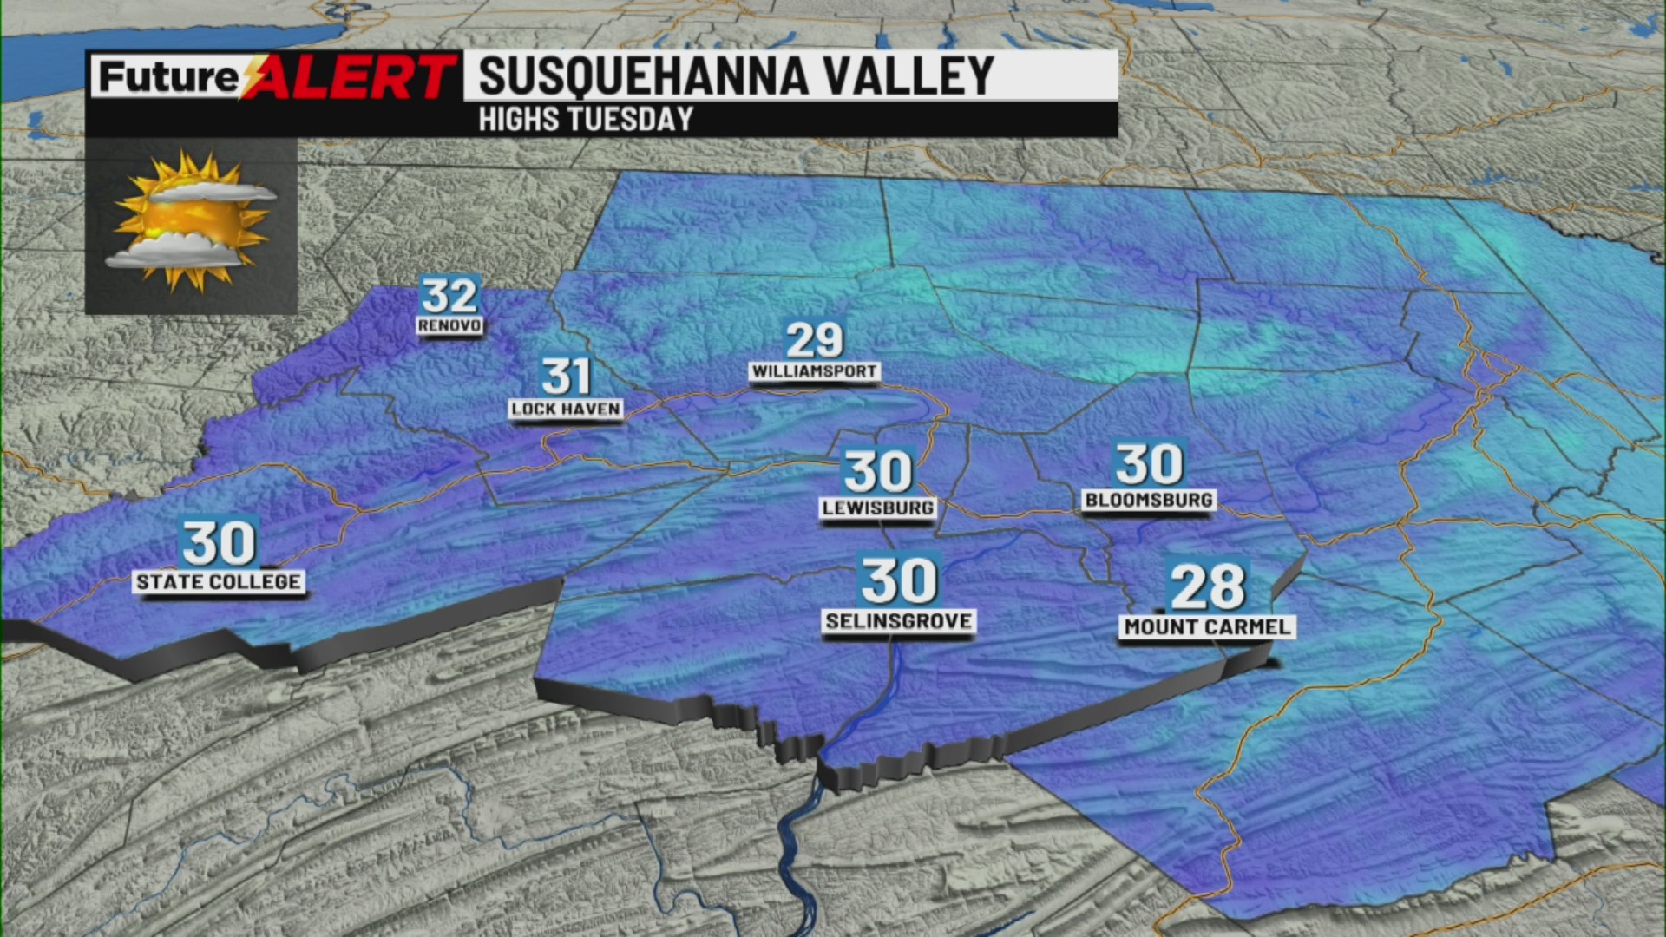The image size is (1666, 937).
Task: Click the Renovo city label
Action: point(449,325)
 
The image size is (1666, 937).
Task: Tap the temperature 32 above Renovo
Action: point(449,296)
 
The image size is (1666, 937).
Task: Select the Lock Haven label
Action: point(566,409)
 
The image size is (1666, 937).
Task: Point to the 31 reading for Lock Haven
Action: point(566,377)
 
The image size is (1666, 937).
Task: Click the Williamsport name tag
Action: point(814,371)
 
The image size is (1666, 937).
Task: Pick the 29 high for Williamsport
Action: point(814,339)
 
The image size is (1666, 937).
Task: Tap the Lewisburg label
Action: point(878,508)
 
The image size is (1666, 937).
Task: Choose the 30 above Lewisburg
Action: point(878,471)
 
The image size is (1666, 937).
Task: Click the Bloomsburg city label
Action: point(1149,500)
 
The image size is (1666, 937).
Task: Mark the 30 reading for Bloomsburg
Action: point(1149,464)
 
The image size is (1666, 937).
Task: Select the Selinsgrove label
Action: point(898,620)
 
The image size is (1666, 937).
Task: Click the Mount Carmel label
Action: point(1207,626)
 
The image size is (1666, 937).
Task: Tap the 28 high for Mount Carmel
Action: point(1207,586)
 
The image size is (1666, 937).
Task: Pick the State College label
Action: point(219,581)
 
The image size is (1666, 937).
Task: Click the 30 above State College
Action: point(219,543)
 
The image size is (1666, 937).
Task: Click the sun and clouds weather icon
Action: point(191,222)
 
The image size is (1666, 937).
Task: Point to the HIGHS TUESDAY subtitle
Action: point(586,119)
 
